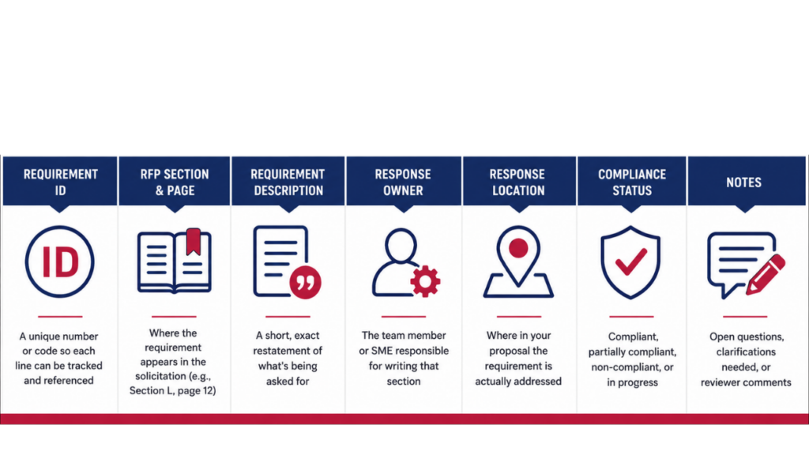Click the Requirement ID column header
(x=60, y=182)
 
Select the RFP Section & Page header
(x=175, y=182)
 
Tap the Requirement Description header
(x=288, y=182)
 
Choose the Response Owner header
(x=403, y=182)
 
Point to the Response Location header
(x=517, y=182)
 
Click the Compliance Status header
(x=632, y=182)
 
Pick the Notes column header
(x=743, y=182)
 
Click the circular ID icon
(x=60, y=261)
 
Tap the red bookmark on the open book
(x=194, y=242)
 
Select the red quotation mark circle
(x=306, y=282)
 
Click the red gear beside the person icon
(x=425, y=281)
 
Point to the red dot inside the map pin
(x=518, y=248)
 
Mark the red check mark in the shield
(x=630, y=261)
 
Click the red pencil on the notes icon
(x=766, y=274)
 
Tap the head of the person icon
(x=401, y=246)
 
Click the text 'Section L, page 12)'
(x=173, y=390)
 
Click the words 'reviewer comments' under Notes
(x=746, y=382)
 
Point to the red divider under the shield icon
(x=631, y=316)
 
